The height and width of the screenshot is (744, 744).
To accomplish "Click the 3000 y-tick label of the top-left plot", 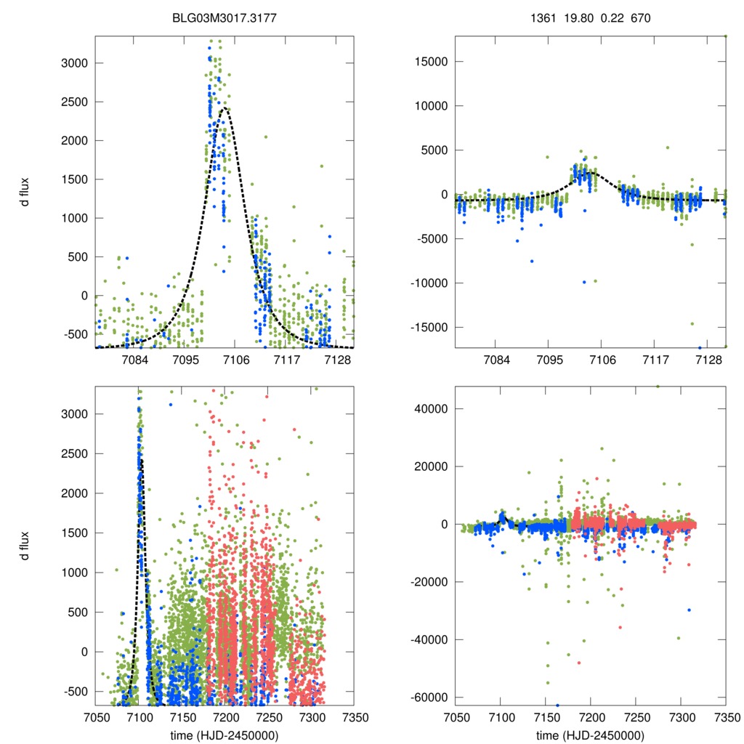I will pos(73,63).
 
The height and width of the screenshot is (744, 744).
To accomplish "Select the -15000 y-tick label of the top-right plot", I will pos(426,327).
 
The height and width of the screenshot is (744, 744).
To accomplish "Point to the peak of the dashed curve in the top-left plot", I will pos(225,108).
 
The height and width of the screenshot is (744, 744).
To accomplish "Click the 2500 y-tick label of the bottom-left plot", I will pos(73,454).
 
